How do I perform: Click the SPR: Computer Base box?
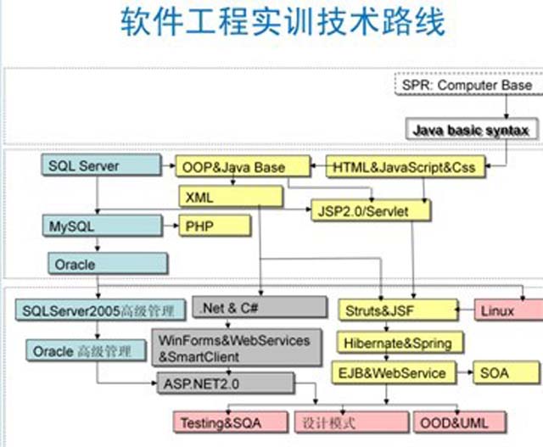pos(467,86)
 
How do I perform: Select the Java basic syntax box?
pos(470,131)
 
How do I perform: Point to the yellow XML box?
pos(218,197)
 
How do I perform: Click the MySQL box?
pos(100,226)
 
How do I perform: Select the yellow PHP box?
pos(214,226)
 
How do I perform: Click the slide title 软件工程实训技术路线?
pos(281,23)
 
